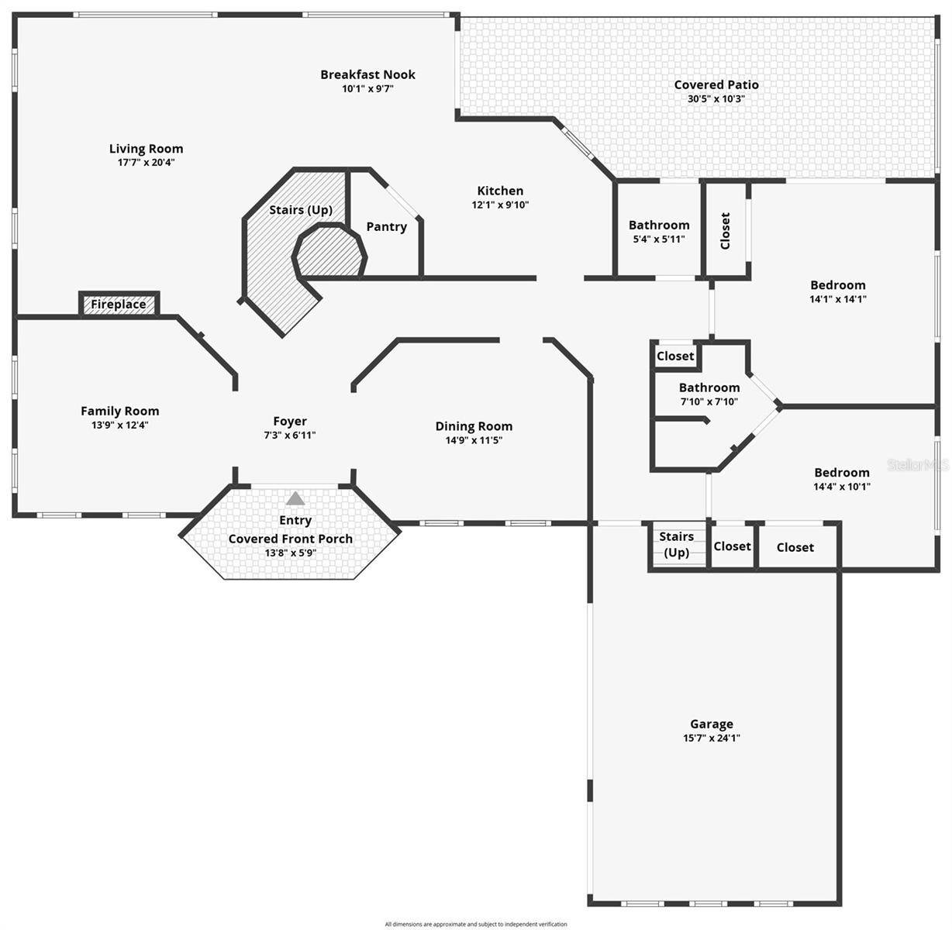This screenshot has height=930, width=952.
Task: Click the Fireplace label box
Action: (119, 305)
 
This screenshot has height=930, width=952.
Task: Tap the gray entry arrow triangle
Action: (295, 498)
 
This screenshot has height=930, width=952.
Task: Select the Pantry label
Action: (386, 226)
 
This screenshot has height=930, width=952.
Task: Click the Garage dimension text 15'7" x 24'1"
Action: (711, 739)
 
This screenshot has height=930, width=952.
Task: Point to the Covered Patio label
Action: (716, 84)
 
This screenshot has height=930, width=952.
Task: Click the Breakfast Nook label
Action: (367, 74)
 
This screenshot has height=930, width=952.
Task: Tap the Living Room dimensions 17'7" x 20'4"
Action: (146, 163)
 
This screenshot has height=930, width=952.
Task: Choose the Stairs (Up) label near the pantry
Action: (301, 210)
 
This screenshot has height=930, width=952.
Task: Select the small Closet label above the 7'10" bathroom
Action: (675, 356)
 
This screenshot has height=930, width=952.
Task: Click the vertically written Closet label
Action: (726, 230)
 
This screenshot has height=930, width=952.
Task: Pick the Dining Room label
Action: (474, 426)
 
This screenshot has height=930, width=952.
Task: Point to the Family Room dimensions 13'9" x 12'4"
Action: (120, 425)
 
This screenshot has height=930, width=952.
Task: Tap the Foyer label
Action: (290, 422)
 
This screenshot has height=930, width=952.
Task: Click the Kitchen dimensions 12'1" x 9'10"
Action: (500, 205)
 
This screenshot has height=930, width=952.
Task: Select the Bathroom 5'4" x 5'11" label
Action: (659, 226)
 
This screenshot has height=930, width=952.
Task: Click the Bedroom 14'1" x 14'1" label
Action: (838, 285)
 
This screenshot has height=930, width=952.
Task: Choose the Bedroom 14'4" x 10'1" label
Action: (842, 473)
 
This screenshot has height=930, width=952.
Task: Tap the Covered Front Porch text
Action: (291, 539)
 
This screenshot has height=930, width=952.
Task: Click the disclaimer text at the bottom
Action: (476, 924)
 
